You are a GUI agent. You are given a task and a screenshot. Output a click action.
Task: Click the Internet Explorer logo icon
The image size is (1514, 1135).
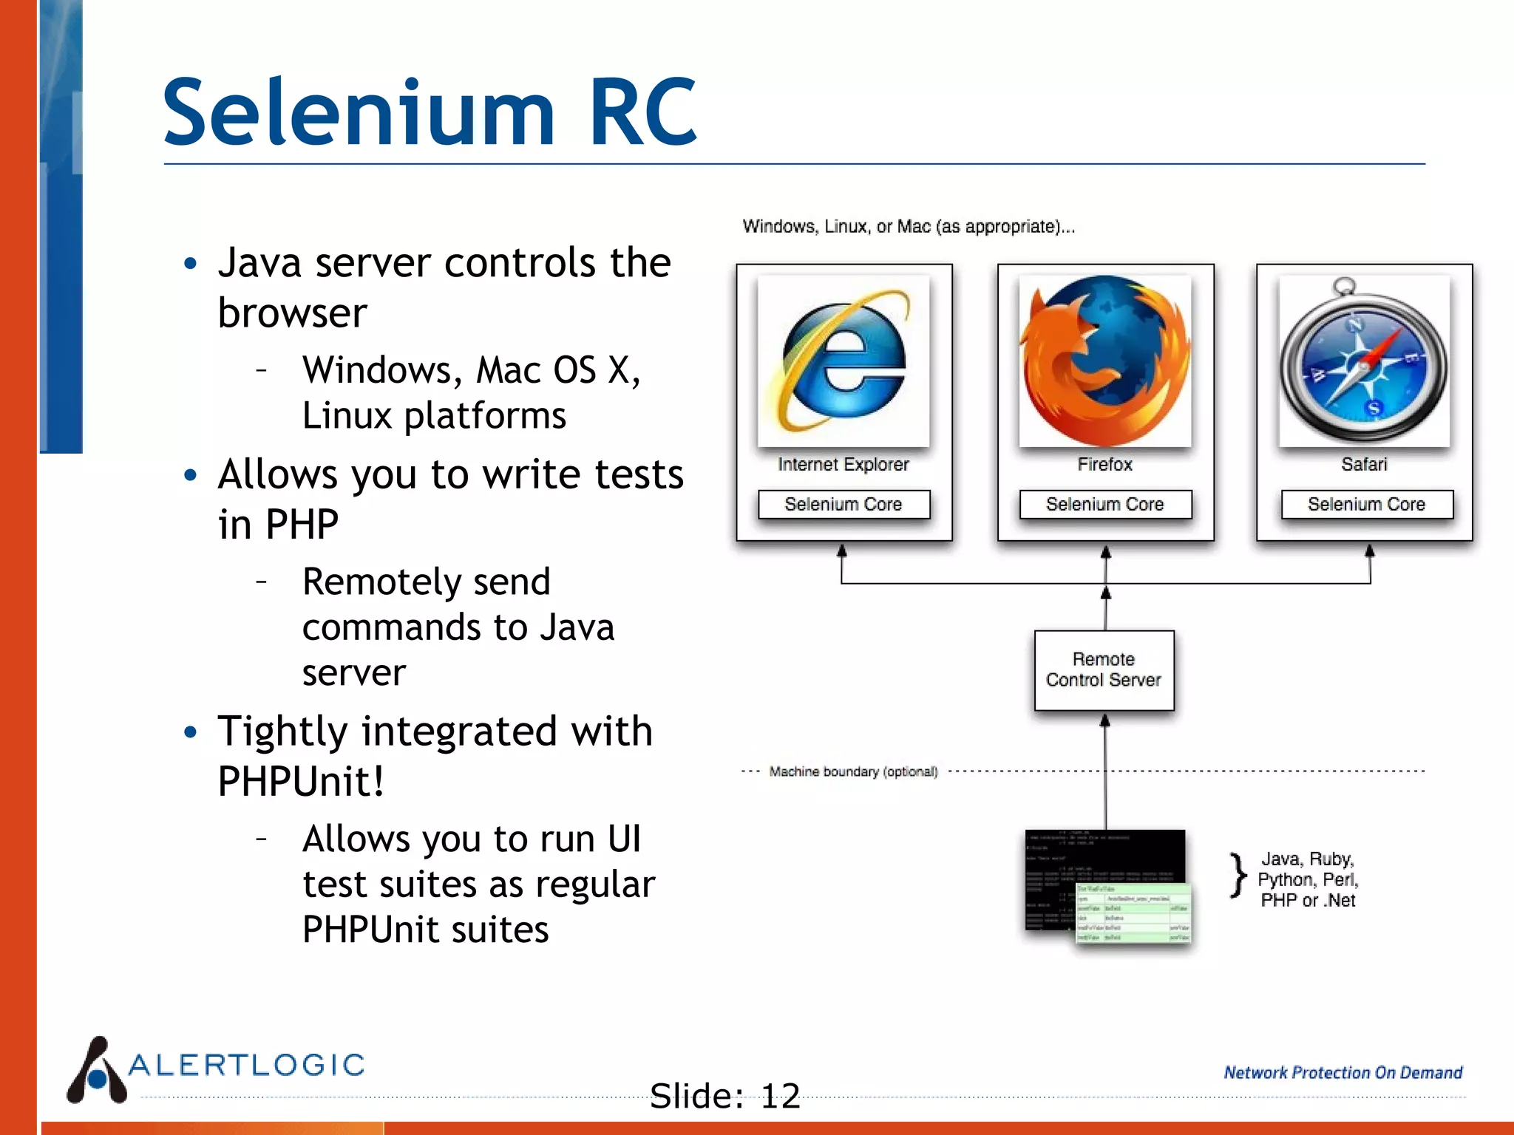pos(843,361)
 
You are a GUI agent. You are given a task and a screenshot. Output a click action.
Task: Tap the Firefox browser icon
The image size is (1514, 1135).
pos(1105,361)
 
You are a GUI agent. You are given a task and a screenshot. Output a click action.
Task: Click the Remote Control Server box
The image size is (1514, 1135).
pos(1104,669)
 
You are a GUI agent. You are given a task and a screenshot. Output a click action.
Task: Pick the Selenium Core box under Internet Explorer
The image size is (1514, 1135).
pos(843,505)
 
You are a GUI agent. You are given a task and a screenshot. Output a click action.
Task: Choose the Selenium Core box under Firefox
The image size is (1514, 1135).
pos(1105,505)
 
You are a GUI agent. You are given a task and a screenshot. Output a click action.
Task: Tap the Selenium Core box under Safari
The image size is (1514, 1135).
pos(1366,505)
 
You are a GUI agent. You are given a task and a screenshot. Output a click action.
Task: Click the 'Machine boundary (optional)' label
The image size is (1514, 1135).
pos(853,771)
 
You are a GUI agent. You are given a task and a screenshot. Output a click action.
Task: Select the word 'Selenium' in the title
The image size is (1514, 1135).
pos(359,113)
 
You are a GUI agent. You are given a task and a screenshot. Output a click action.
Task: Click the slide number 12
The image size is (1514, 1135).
pos(781,1096)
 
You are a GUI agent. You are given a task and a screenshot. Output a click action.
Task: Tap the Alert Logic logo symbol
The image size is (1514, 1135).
pos(97,1071)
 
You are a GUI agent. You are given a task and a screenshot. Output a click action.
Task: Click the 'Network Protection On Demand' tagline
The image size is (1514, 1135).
pos(1342,1072)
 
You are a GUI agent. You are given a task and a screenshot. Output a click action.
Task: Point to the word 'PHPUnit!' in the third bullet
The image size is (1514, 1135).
pos(301,781)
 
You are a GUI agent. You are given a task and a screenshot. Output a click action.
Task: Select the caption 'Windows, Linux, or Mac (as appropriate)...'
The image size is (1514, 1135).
pos(909,226)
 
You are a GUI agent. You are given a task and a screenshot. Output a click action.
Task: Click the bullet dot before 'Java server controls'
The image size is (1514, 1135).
pos(191,263)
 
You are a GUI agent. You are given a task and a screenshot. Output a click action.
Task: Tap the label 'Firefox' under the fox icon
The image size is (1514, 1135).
pos(1104,464)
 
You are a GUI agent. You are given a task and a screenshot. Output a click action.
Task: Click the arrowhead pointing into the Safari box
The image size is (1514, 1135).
pos(1370,551)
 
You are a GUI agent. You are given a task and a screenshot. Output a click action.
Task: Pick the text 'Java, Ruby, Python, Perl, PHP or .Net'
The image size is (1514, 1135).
pos(1308,879)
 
